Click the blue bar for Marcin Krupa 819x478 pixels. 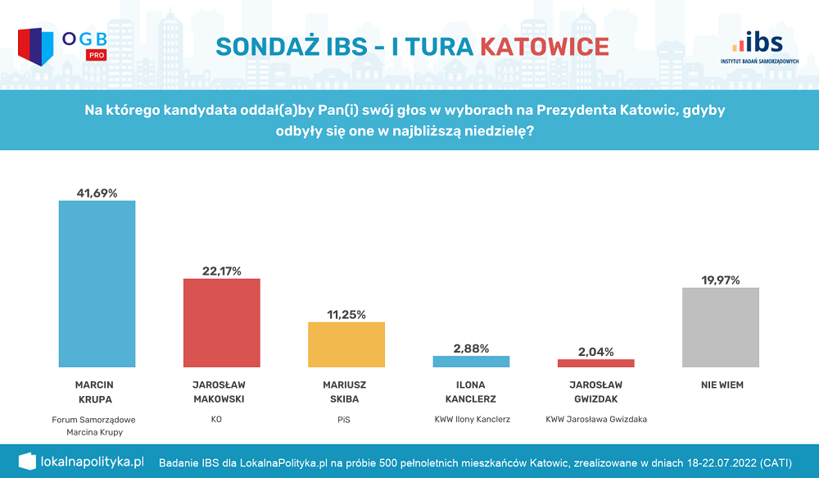[97, 284]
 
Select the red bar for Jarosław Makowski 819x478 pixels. [221, 322]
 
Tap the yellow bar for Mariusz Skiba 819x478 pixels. [346, 344]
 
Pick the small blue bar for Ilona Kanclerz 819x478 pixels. [471, 362]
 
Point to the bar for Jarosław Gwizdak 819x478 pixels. [595, 363]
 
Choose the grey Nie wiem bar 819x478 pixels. [720, 327]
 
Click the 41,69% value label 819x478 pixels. [97, 193]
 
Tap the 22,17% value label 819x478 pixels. [221, 271]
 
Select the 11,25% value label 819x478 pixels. [346, 315]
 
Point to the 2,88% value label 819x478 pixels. [471, 348]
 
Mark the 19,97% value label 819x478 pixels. [720, 280]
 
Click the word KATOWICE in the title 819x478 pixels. [544, 46]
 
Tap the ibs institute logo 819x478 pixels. [759, 48]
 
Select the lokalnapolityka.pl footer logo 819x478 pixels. [81, 462]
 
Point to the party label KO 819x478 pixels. [216, 419]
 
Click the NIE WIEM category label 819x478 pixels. [722, 385]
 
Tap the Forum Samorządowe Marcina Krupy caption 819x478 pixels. [93, 426]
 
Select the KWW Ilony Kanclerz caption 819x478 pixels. [473, 419]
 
